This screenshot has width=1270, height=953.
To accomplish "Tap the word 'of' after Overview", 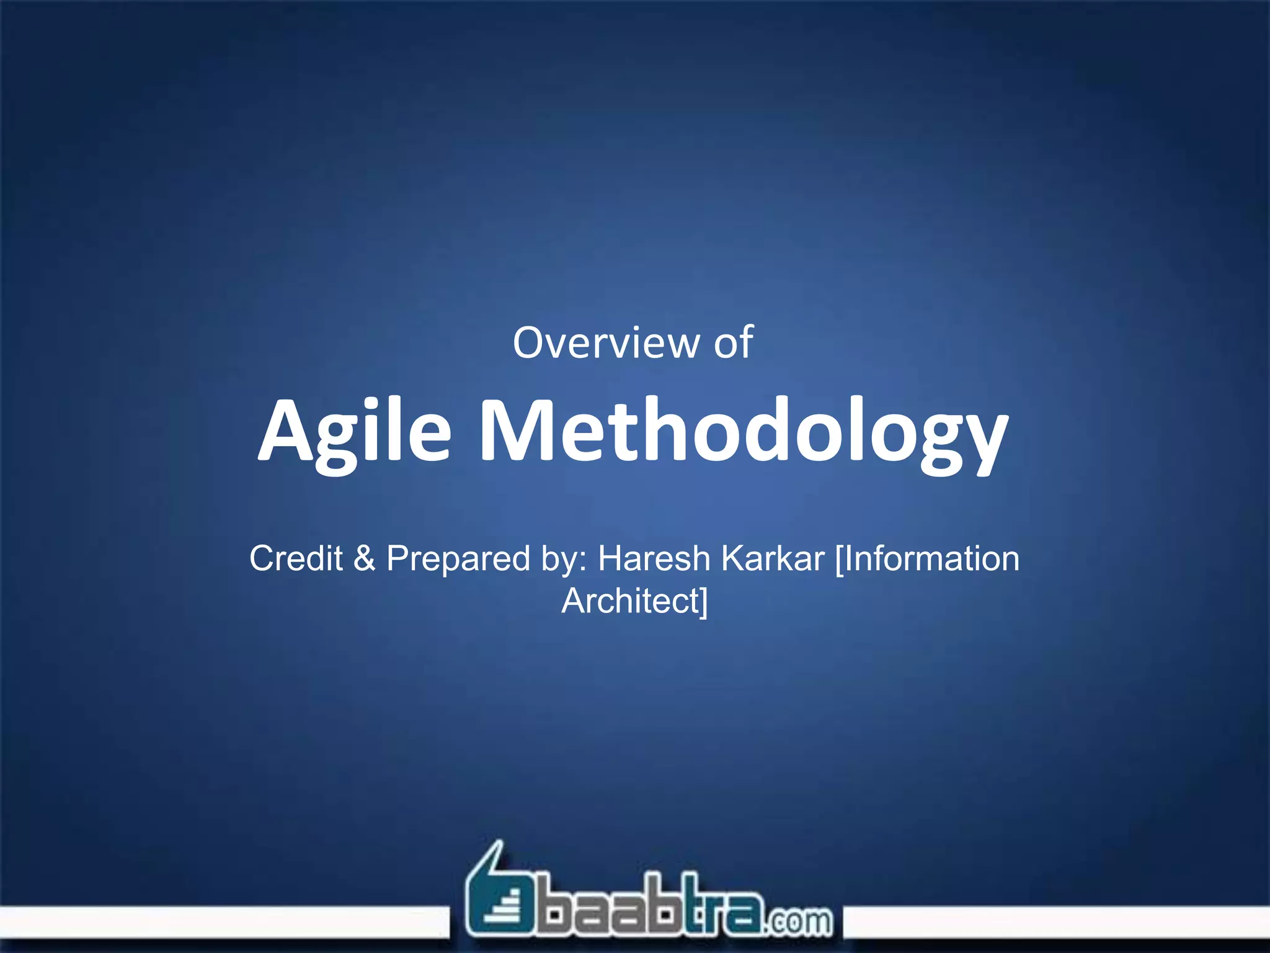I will click(733, 343).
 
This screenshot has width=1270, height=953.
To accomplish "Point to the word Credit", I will click(296, 558).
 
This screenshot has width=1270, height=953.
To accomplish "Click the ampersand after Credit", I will click(364, 558).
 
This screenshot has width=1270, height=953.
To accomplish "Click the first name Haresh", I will click(654, 558).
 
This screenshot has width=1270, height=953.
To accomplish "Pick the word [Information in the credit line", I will click(926, 558).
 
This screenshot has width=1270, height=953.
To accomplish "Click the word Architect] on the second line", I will click(634, 601).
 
